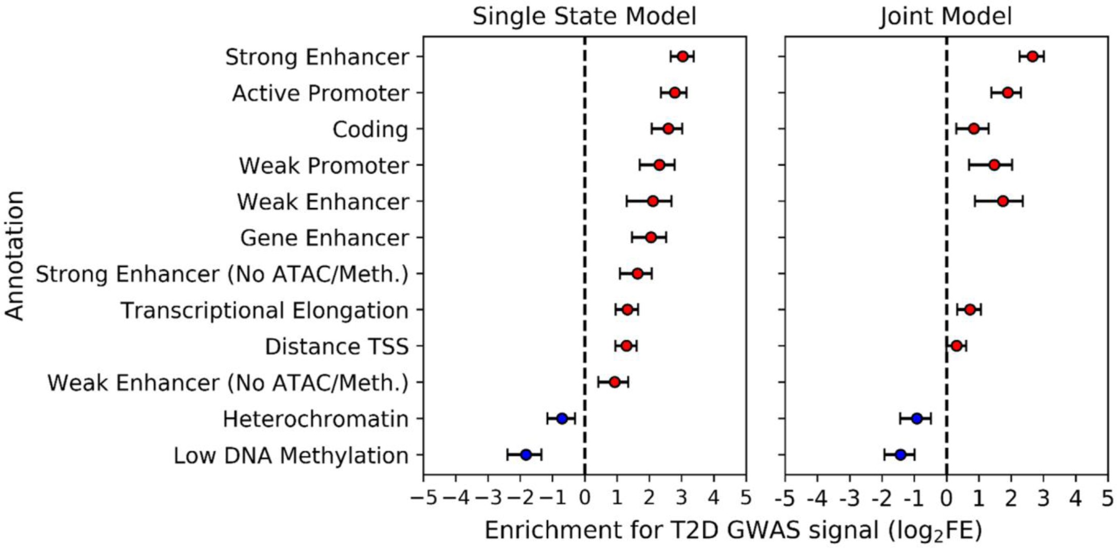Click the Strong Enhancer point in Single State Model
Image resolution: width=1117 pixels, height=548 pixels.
pos(682,56)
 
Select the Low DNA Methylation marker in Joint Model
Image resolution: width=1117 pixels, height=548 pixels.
pos(900,454)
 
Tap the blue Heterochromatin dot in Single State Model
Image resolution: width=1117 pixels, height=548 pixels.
pos(562,418)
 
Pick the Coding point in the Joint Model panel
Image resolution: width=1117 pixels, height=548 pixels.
pos(973,129)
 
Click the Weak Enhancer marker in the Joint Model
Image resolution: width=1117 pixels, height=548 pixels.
pos(1003,201)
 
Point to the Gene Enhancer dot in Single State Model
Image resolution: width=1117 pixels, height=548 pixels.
pos(651,237)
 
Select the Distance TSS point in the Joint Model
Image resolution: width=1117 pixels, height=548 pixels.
pos(956,346)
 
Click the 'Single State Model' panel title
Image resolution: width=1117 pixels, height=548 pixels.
pos(584,16)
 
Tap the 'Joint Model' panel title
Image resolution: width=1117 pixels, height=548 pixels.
pos(946,16)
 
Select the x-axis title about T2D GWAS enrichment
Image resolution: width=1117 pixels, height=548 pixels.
pos(733,531)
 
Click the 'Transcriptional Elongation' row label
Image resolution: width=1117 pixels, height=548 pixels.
pos(264,311)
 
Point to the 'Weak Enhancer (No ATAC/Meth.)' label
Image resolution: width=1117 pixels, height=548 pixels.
pos(228,383)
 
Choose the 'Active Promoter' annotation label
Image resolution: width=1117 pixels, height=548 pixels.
pos(320,93)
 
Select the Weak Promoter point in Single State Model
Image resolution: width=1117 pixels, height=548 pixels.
pos(659,165)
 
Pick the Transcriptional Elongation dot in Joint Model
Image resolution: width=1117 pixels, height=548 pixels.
pos(970,310)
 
